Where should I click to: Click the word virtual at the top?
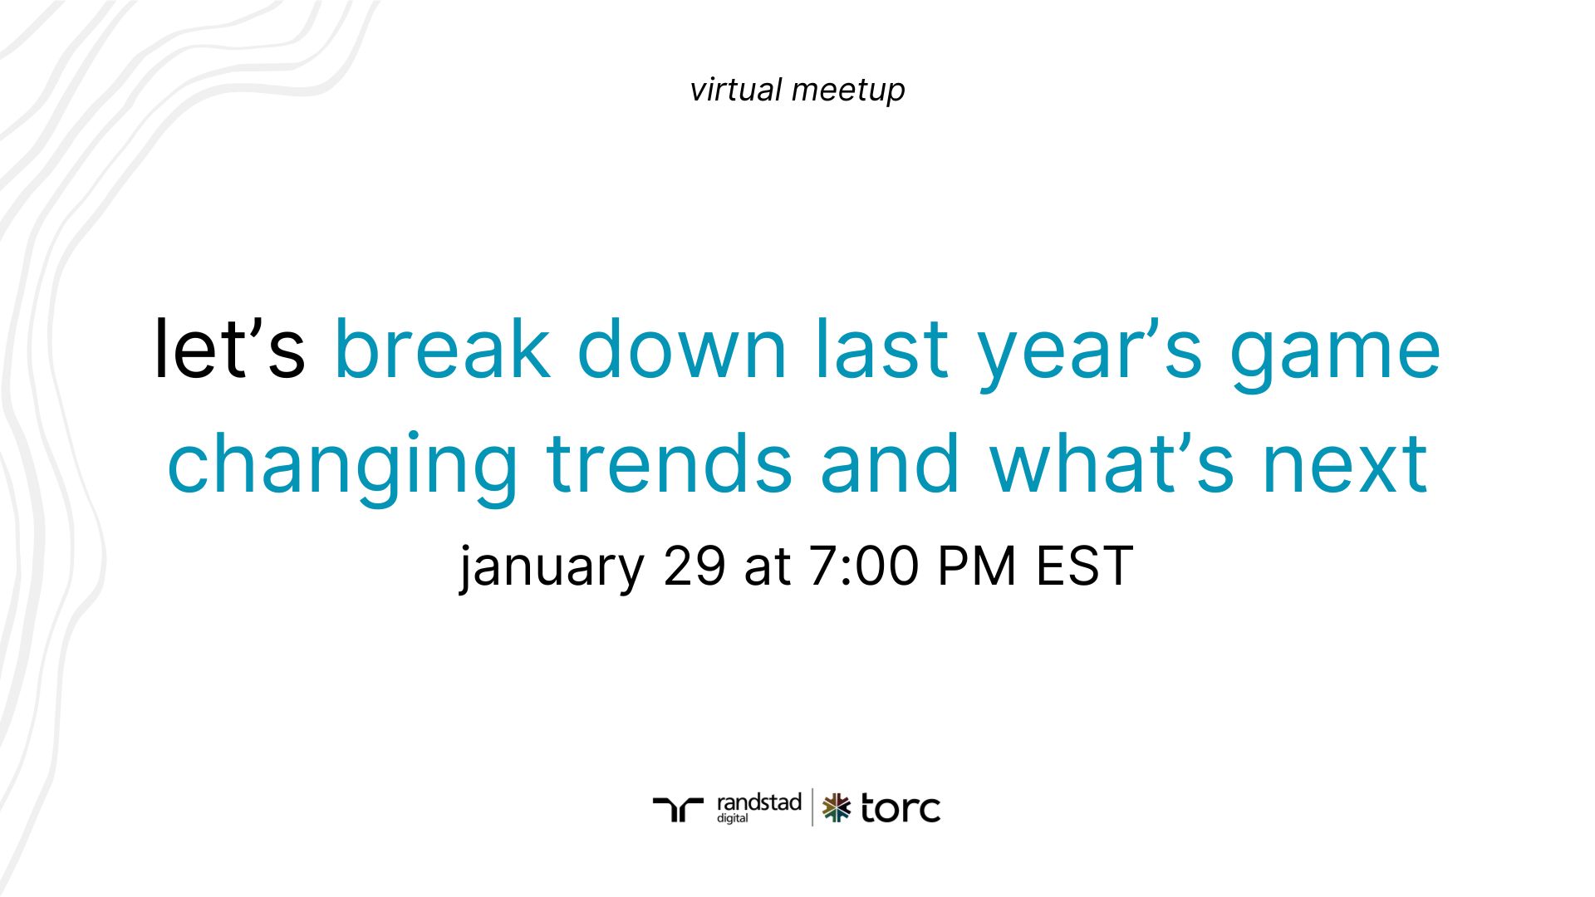[735, 90]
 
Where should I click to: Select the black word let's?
[229, 350]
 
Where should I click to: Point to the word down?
[681, 350]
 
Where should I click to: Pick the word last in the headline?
[881, 350]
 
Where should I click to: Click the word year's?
[1089, 350]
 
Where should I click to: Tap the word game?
[1335, 350]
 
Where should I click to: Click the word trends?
[670, 463]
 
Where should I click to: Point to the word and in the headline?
[891, 463]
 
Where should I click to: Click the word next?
[1345, 463]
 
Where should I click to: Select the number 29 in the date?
[694, 567]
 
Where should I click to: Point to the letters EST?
[1084, 567]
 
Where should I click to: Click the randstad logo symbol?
[678, 808]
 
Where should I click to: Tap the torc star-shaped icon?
[837, 808]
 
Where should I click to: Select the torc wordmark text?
[901, 808]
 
